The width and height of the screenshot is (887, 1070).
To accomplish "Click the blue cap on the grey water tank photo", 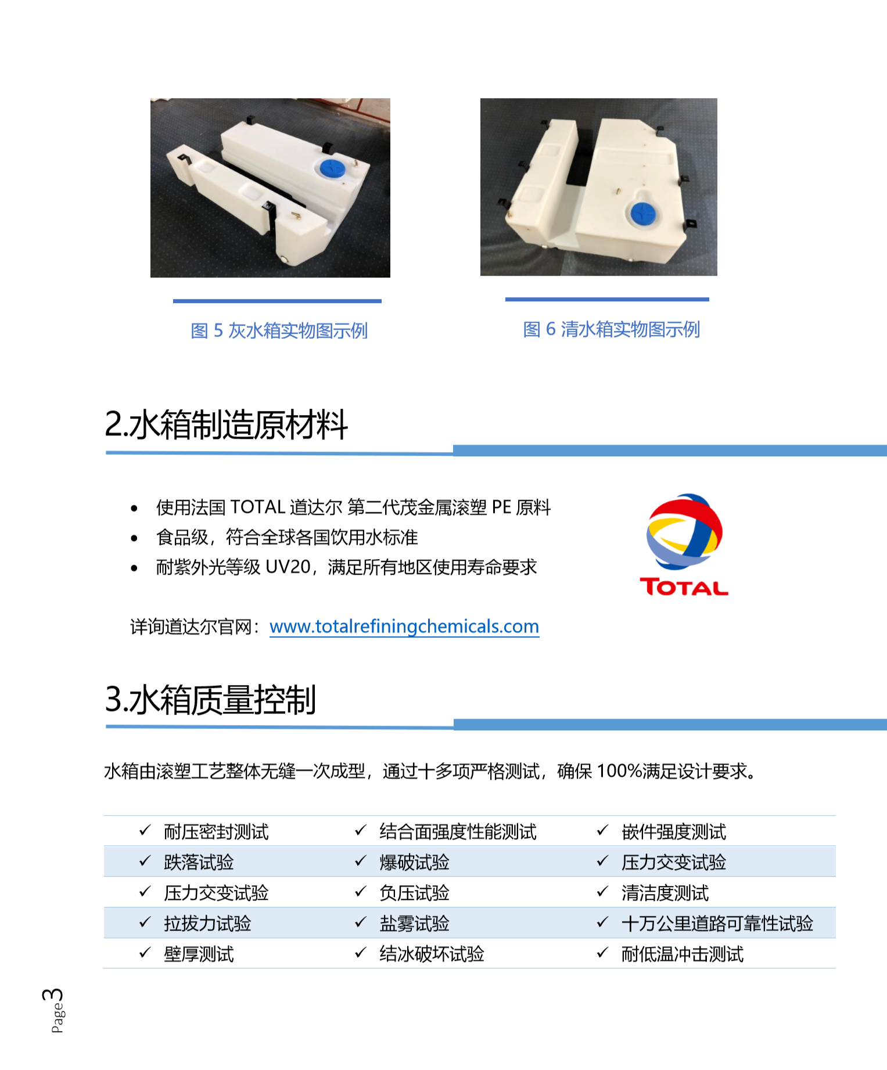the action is click(x=333, y=169).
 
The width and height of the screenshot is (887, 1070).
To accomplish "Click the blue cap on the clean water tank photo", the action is click(x=643, y=214).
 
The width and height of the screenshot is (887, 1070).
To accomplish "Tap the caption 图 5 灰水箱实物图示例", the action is click(x=279, y=330).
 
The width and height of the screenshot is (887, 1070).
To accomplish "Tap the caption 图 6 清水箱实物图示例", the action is click(x=612, y=329).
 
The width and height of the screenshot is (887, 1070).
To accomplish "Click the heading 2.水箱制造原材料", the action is click(x=227, y=424).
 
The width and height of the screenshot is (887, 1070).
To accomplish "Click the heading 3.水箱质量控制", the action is click(x=210, y=699).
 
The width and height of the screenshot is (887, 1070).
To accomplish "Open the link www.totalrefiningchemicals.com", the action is click(x=404, y=626).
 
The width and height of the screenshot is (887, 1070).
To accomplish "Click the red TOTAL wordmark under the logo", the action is click(x=684, y=587).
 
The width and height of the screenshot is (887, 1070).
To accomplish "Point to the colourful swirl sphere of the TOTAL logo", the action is click(x=685, y=531).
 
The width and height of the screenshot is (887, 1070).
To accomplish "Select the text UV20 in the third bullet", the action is click(x=288, y=567).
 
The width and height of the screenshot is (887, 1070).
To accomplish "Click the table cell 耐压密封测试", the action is click(x=216, y=831).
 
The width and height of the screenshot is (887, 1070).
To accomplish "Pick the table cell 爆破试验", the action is click(x=414, y=862).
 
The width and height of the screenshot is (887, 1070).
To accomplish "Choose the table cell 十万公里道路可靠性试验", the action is click(x=717, y=923).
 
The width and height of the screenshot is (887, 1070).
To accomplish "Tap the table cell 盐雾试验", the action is click(x=414, y=923).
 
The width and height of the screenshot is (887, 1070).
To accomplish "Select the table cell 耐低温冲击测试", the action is click(x=683, y=954).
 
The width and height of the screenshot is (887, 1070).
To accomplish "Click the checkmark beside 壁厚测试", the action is click(x=145, y=952).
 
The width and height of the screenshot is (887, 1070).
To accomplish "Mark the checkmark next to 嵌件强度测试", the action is click(x=602, y=830).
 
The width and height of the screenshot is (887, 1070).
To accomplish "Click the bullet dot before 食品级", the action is click(x=134, y=538).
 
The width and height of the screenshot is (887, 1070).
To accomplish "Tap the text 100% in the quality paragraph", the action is click(x=619, y=771).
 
